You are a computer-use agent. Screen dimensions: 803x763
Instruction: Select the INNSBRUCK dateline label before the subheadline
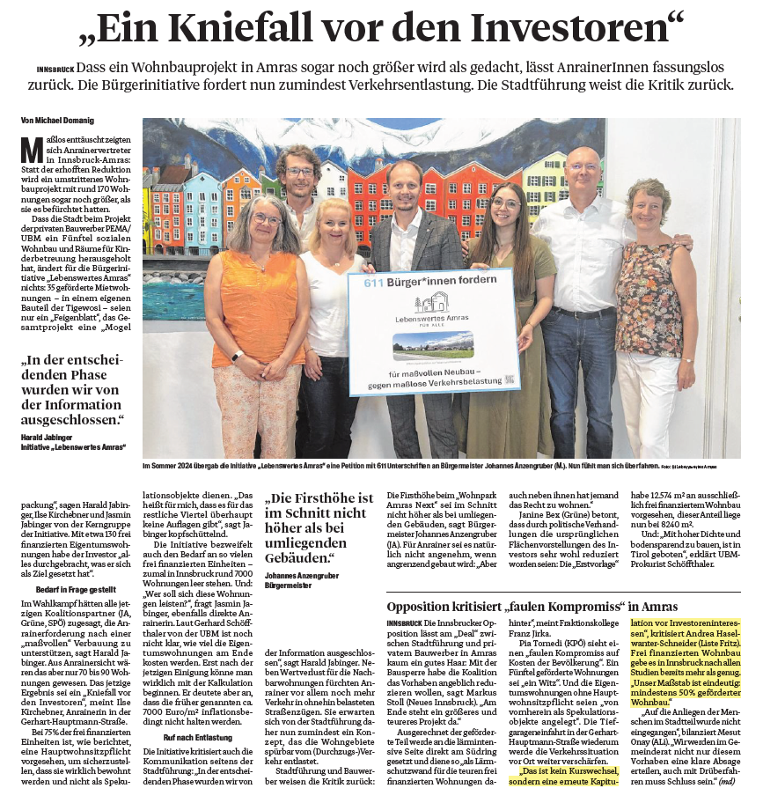(x=55, y=68)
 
